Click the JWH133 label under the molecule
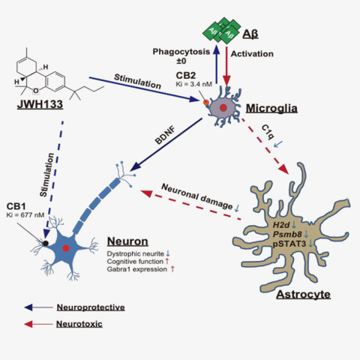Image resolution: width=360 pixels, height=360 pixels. pyautogui.click(x=40, y=104)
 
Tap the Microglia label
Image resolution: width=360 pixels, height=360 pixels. pyautogui.click(x=271, y=108)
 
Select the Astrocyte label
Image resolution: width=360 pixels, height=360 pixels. pyautogui.click(x=304, y=294)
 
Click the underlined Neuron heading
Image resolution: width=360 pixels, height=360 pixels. pyautogui.click(x=127, y=241)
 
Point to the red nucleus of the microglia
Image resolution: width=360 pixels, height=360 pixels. pyautogui.click(x=223, y=108)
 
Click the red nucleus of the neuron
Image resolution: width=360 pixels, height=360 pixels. pyautogui.click(x=66, y=248)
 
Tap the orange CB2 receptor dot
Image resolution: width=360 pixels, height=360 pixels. pyautogui.click(x=206, y=102)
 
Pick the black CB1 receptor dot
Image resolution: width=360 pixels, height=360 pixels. pyautogui.click(x=46, y=243)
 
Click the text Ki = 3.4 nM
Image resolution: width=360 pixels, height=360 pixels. pyautogui.click(x=194, y=84)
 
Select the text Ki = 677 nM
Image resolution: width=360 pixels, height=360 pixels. pyautogui.click(x=25, y=215)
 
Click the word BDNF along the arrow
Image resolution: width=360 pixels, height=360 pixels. pyautogui.click(x=165, y=136)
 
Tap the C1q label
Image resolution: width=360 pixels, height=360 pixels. pyautogui.click(x=268, y=133)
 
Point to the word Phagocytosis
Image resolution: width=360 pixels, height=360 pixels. pyautogui.click(x=181, y=52)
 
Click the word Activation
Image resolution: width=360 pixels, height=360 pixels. pyautogui.click(x=252, y=54)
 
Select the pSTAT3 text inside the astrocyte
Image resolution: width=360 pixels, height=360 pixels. pyautogui.click(x=289, y=244)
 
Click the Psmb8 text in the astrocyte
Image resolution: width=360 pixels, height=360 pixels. pyautogui.click(x=287, y=234)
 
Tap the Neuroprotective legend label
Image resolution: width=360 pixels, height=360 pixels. pyautogui.click(x=91, y=307)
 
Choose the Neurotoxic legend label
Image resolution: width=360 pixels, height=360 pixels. pyautogui.click(x=79, y=324)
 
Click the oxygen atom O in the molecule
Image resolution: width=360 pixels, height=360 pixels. pyautogui.click(x=36, y=91)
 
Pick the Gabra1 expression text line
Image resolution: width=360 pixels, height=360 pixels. pyautogui.click(x=137, y=269)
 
